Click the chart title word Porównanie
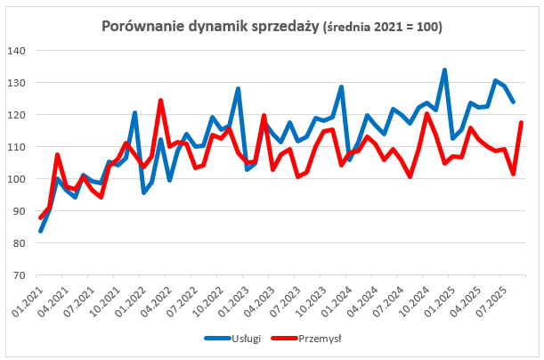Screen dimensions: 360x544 pyautogui.click(x=140, y=28)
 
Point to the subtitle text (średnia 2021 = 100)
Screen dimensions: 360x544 pyautogui.click(x=386, y=29)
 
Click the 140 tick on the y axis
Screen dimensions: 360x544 pyautogui.click(x=18, y=51)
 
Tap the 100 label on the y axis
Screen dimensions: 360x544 pyautogui.click(x=18, y=179)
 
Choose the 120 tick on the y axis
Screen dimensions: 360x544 pyautogui.click(x=18, y=115)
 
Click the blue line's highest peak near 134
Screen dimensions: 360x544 pyautogui.click(x=444, y=70)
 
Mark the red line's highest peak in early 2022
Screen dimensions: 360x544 pyautogui.click(x=160, y=100)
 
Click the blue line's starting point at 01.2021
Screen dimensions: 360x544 pyautogui.click(x=41, y=231)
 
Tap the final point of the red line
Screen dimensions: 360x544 pyautogui.click(x=522, y=122)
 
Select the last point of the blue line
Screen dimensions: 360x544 pyautogui.click(x=513, y=102)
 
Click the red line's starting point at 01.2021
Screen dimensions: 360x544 pyautogui.click(x=41, y=218)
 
